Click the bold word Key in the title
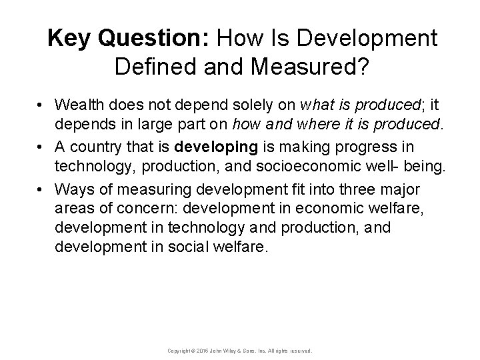coord(73,39)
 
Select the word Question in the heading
coord(145,39)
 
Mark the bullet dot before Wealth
coord(41,105)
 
